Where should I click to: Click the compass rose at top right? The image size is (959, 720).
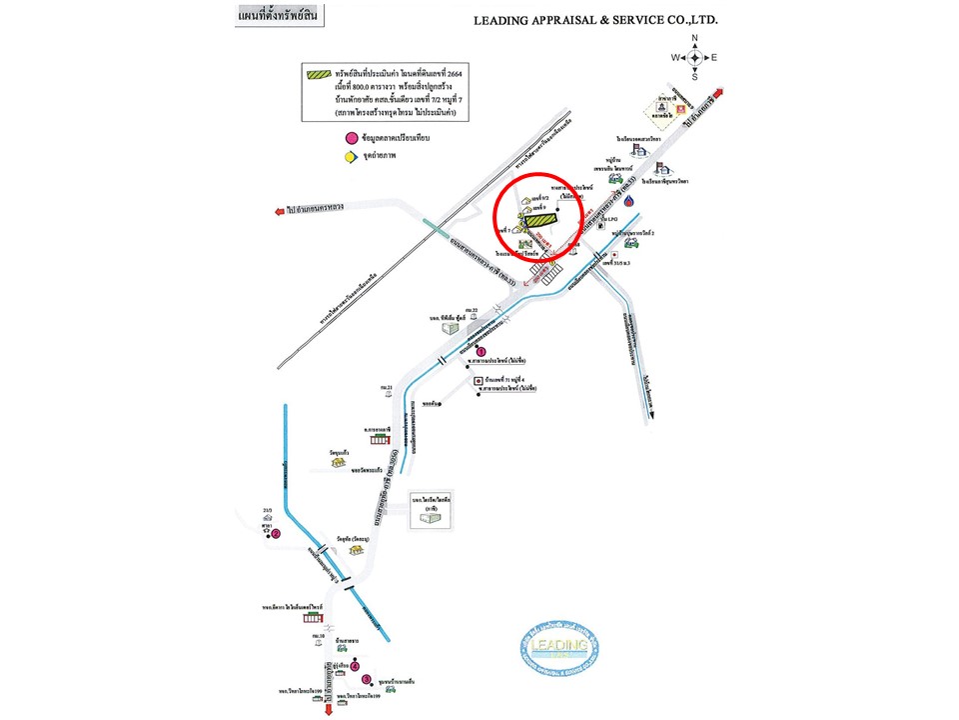(697, 57)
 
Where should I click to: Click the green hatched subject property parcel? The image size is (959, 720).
(541, 219)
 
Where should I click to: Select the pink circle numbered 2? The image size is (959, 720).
(275, 534)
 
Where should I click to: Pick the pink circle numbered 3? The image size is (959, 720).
(366, 679)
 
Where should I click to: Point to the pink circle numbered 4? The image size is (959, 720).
(354, 666)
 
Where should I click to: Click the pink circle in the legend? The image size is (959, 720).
(351, 138)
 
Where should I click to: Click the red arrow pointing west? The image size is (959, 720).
(278, 211)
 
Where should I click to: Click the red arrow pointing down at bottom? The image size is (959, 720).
(330, 711)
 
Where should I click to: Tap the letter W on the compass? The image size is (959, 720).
(676, 57)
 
